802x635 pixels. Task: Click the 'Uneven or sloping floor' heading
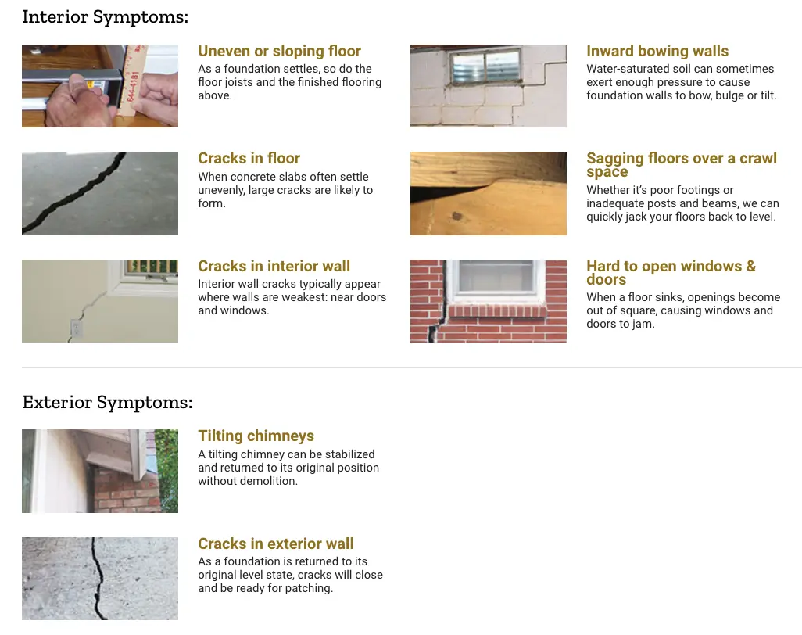click(x=279, y=51)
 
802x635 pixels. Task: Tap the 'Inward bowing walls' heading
click(x=657, y=51)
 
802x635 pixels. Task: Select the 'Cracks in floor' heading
click(x=249, y=158)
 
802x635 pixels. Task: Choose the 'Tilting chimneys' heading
click(x=256, y=436)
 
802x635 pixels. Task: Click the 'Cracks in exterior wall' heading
click(x=276, y=544)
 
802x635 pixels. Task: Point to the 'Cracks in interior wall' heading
click(x=274, y=266)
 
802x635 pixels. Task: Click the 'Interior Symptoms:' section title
click(x=105, y=17)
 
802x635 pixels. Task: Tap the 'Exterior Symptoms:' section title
click(x=107, y=402)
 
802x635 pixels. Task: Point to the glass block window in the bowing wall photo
click(x=486, y=66)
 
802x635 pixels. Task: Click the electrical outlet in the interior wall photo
click(x=76, y=328)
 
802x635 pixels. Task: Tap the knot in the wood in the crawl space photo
click(x=457, y=217)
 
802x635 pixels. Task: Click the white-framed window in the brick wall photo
click(x=497, y=281)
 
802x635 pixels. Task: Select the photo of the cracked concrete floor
click(x=100, y=193)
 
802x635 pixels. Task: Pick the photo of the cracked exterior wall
click(x=100, y=579)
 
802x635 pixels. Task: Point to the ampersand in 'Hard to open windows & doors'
click(x=751, y=266)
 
